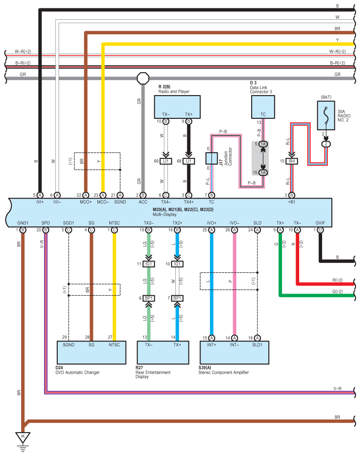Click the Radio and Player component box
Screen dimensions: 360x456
coord(177,107)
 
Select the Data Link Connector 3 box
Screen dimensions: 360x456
coord(263,107)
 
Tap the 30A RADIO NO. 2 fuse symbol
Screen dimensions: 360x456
coord(326,115)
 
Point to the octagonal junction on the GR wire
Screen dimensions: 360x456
coord(143,78)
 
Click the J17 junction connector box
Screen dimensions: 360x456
coord(212,158)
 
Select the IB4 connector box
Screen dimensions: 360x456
coord(292,161)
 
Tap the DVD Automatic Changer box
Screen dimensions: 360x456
coord(91,353)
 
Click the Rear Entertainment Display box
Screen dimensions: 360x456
coord(163,353)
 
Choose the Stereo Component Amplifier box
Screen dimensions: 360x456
coord(234,353)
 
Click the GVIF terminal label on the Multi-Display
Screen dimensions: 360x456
coord(320,223)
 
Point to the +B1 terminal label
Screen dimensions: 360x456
coord(292,202)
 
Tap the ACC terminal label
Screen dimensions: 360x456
coord(143,202)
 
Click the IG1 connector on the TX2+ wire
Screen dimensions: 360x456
coord(177,264)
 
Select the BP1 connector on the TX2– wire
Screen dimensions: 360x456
coord(148,298)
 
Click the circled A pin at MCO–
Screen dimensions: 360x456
coord(103,195)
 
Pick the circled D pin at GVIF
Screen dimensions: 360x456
coord(320,230)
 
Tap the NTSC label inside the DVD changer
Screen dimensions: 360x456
coord(115,345)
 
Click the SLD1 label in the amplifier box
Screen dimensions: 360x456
coord(257,345)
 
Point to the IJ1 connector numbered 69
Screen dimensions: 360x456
coord(166,161)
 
